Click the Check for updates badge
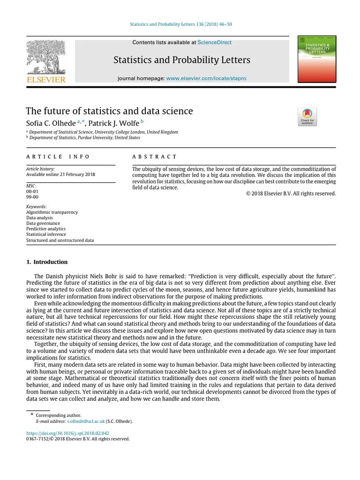pos(307,117)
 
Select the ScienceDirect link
pos(214,43)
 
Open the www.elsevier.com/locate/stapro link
pos(206,79)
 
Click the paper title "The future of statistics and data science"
pos(109,111)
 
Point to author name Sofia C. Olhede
pos(51,123)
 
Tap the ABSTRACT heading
pos(155,157)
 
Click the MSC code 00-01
pos(32,192)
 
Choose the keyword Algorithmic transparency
pos(52,212)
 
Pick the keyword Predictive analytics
pos(46,229)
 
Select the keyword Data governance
pos(43,223)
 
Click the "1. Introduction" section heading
pos(47,262)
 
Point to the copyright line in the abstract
pos(291,193)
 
